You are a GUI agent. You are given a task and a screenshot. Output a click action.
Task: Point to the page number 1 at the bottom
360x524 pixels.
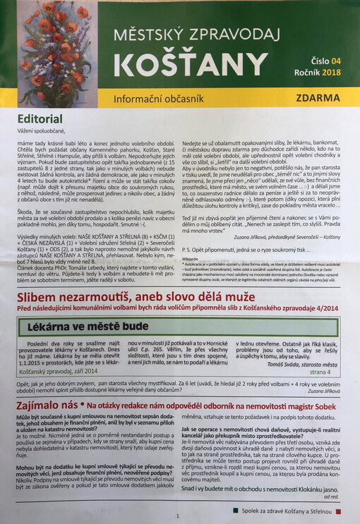coord(178,516)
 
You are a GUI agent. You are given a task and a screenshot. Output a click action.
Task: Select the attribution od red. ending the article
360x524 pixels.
coord(332,495)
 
